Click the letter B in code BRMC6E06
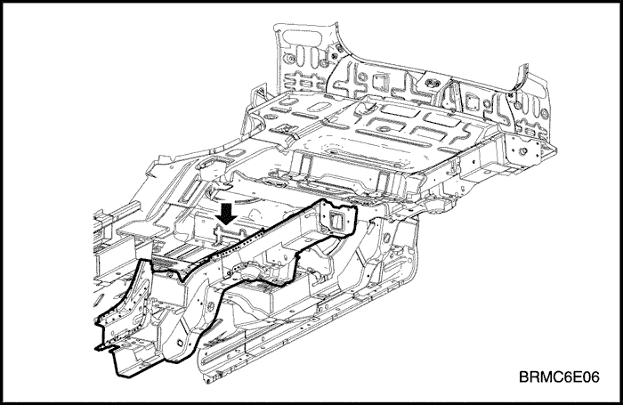pyautogui.click(x=524, y=377)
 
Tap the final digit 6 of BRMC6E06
pyautogui.click(x=595, y=377)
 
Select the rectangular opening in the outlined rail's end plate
pyautogui.click(x=337, y=221)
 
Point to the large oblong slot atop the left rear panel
pyautogui.click(x=302, y=36)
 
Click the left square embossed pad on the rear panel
pyautogui.click(x=377, y=82)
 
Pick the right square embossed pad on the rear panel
pyautogui.click(x=473, y=101)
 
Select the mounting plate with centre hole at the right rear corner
pyautogui.click(x=523, y=150)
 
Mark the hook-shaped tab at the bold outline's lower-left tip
pyautogui.click(x=104, y=348)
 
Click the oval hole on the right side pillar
pyautogui.click(x=386, y=239)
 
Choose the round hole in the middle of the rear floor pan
pyautogui.click(x=384, y=129)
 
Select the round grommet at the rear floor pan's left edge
pyautogui.click(x=270, y=118)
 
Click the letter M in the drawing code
pyautogui.click(x=546, y=377)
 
